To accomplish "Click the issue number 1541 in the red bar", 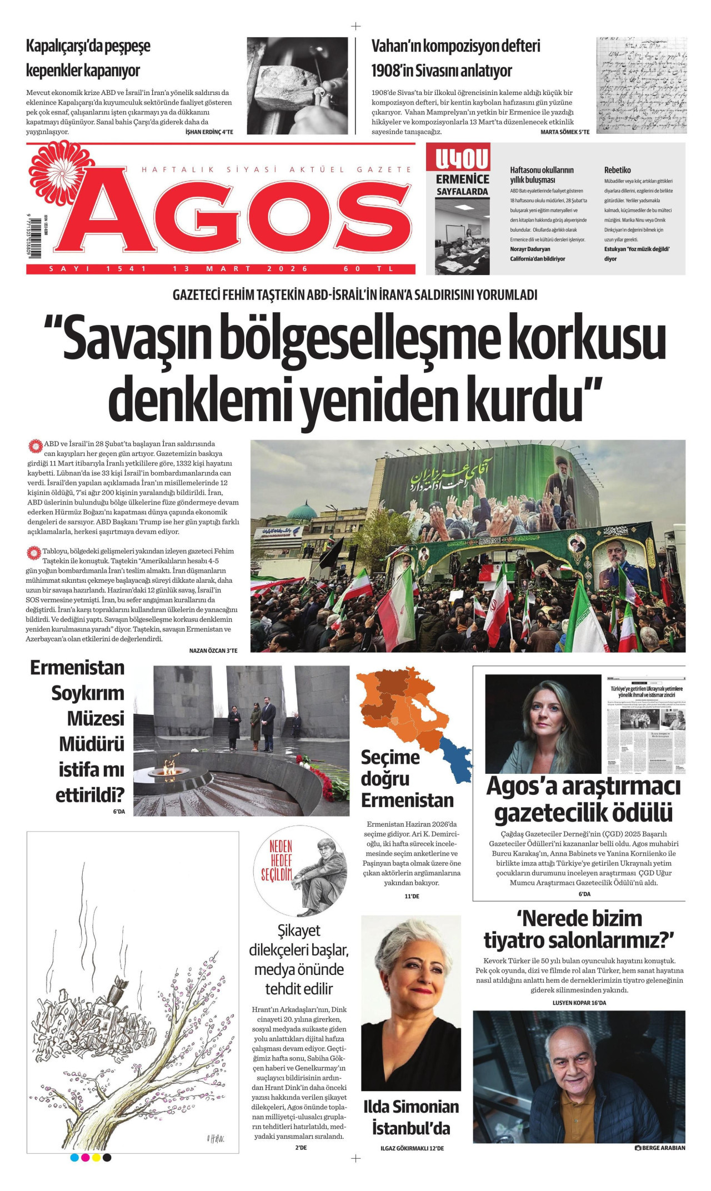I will (127, 269).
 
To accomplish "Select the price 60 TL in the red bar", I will (369, 269).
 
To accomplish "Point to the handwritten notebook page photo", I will (641, 85).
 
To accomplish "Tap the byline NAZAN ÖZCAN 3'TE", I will (213, 650).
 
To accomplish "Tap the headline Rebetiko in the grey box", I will (617, 170).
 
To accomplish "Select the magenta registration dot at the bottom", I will (85, 1158).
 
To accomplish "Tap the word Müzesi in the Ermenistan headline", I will (96, 718).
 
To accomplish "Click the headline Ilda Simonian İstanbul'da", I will (411, 1117).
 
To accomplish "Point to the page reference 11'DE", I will (412, 896).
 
